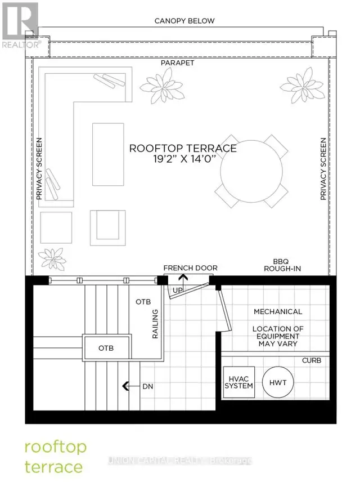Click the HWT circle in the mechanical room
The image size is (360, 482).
[x=278, y=382]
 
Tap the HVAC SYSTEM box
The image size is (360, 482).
[x=238, y=382]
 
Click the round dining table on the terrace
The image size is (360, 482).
[x=251, y=171]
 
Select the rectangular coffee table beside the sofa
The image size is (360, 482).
[x=108, y=154]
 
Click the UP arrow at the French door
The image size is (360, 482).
[x=183, y=282]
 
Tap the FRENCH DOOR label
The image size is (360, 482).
[x=191, y=268]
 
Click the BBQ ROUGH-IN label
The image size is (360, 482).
[x=282, y=265]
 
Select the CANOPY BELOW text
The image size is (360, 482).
[x=184, y=21]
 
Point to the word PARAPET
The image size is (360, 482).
[x=178, y=63]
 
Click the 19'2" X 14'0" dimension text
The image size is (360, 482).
[x=183, y=159]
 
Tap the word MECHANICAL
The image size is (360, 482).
[x=278, y=311]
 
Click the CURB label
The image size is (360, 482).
[x=312, y=360]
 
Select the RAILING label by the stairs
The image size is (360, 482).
[x=155, y=324]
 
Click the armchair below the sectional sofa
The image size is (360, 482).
[x=108, y=228]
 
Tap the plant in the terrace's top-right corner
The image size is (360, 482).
[x=302, y=85]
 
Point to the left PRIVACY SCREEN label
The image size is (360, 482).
[x=39, y=169]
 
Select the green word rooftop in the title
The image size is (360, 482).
[x=56, y=448]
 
